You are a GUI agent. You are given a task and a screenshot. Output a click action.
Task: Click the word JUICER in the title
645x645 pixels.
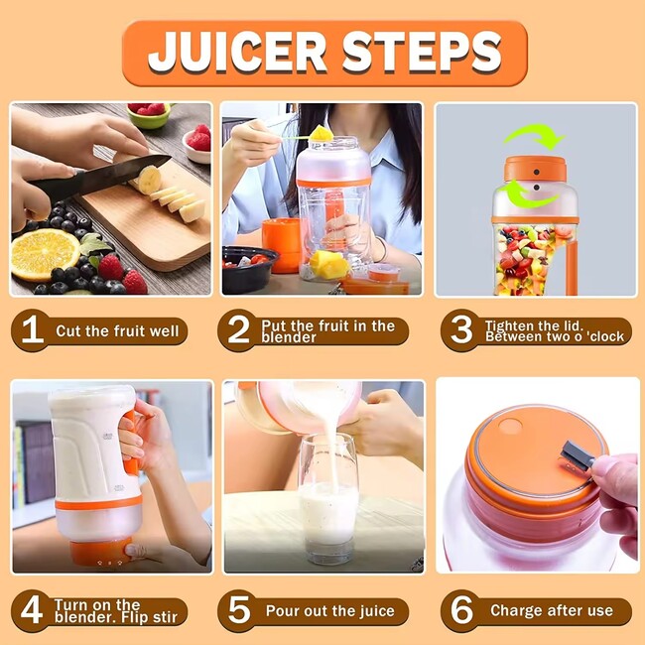[237, 53]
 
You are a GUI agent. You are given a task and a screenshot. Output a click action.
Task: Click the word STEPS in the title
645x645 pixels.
[422, 53]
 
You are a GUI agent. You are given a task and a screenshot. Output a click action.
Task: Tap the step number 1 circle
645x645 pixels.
[32, 330]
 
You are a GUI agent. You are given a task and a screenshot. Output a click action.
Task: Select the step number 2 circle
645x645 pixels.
[238, 330]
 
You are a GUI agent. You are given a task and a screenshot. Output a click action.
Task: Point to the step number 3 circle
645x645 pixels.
[461, 330]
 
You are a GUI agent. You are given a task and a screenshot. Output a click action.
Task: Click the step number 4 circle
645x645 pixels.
[32, 611]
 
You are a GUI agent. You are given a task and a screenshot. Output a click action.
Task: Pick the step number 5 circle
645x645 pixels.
[238, 611]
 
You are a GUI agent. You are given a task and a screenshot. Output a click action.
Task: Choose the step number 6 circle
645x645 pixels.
[461, 611]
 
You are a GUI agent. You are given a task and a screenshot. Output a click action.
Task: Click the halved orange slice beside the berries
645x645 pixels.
[45, 254]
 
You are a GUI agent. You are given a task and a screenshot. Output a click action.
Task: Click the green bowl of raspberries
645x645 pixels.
[149, 115]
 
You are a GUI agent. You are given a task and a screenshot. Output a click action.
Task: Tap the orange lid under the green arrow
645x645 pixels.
[535, 169]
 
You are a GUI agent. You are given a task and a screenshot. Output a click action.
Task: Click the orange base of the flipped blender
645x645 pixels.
[101, 552]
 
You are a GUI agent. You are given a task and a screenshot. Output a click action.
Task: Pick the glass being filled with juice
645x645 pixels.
[328, 500]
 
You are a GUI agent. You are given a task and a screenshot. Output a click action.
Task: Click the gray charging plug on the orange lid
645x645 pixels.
[576, 454]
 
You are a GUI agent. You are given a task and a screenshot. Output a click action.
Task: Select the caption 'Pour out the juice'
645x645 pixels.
[329, 611]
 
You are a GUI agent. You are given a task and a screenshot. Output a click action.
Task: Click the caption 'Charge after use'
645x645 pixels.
[551, 610]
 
